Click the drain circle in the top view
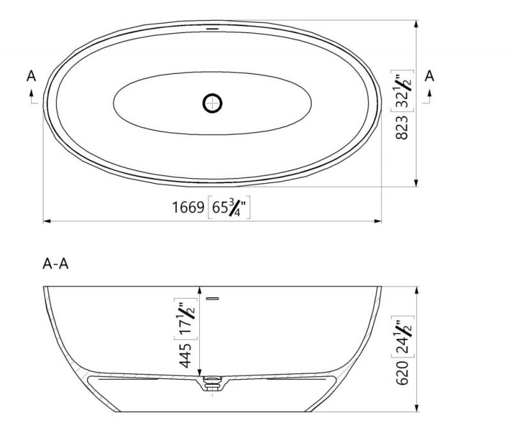tap(213, 103)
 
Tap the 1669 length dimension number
tap(188, 207)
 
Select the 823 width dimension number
tap(402, 127)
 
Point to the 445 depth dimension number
tap(185, 355)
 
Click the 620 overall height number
tap(402, 373)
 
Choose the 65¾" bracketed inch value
tap(229, 207)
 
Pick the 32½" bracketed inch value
tap(402, 91)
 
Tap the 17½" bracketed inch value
tap(186, 319)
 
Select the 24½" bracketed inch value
tap(403, 337)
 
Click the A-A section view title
tap(56, 264)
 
